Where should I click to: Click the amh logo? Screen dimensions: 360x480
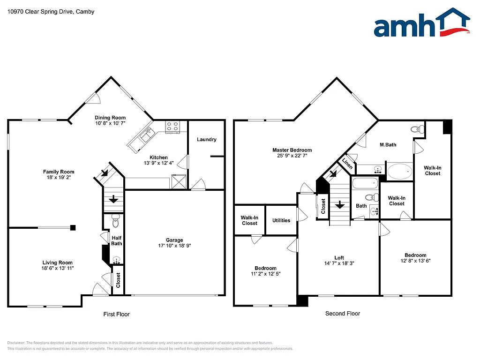tap(421, 23)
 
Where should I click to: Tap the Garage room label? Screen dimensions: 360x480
tap(174, 240)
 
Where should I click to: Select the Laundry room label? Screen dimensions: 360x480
tap(206, 139)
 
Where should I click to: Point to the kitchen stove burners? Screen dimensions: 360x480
tap(172, 127)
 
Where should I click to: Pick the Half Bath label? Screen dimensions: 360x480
tap(116, 240)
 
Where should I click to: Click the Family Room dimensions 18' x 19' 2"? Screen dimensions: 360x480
tap(59, 178)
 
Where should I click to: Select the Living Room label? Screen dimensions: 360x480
tap(58, 262)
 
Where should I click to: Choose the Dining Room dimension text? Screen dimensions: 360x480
tap(110, 123)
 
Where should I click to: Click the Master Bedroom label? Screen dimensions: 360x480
tap(292, 150)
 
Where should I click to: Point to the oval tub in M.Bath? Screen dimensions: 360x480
tap(399, 171)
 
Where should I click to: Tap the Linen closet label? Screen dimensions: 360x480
tap(347, 164)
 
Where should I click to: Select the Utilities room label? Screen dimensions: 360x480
tap(281, 220)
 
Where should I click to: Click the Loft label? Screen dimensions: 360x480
tap(339, 257)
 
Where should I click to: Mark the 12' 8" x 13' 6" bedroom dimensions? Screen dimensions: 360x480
tap(415, 261)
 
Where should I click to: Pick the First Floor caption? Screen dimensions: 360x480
tap(116, 314)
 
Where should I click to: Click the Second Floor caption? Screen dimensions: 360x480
tap(343, 314)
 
